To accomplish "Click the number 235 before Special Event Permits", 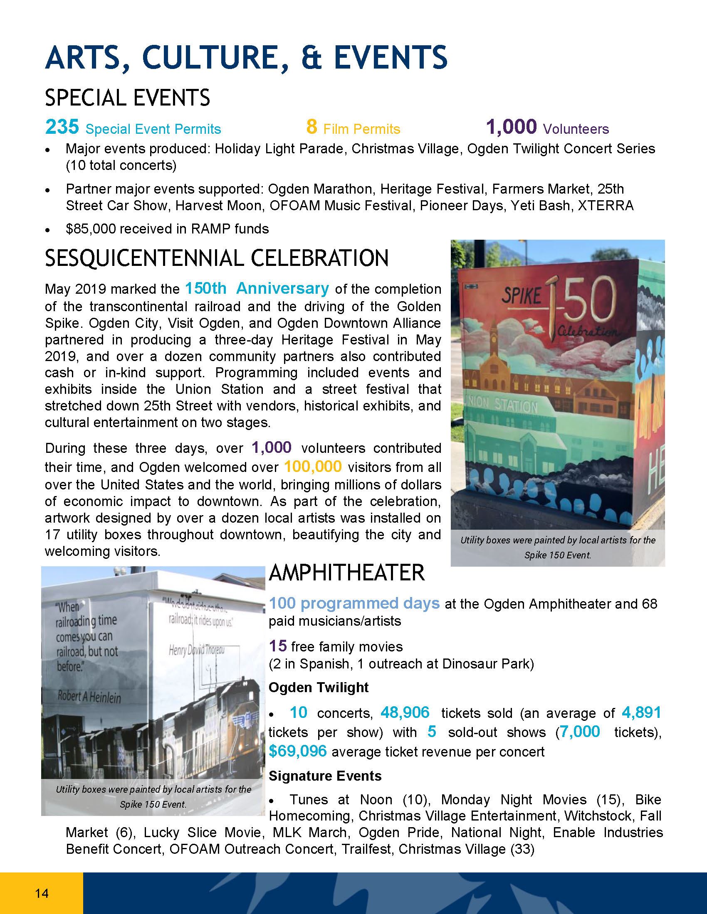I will click(62, 127).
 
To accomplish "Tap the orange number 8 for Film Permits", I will click(311, 127).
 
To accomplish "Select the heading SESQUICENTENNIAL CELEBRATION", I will click(217, 258).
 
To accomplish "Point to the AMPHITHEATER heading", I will click(347, 573).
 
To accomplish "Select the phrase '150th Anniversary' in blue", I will click(257, 288).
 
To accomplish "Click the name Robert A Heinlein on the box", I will click(89, 697).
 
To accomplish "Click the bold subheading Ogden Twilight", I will click(318, 687).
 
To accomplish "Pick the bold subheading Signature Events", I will click(325, 776).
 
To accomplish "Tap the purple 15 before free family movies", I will click(278, 646).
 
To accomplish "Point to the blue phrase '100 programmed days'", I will click(354, 603).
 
